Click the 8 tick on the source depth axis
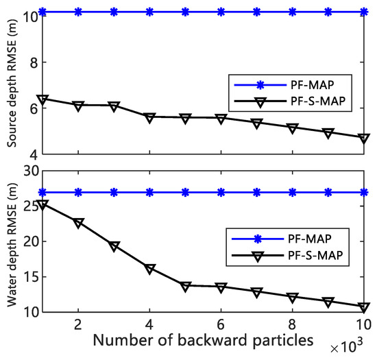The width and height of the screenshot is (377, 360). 32,62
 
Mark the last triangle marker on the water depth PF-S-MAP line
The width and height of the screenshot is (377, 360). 363,307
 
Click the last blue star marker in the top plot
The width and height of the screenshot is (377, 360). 363,12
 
